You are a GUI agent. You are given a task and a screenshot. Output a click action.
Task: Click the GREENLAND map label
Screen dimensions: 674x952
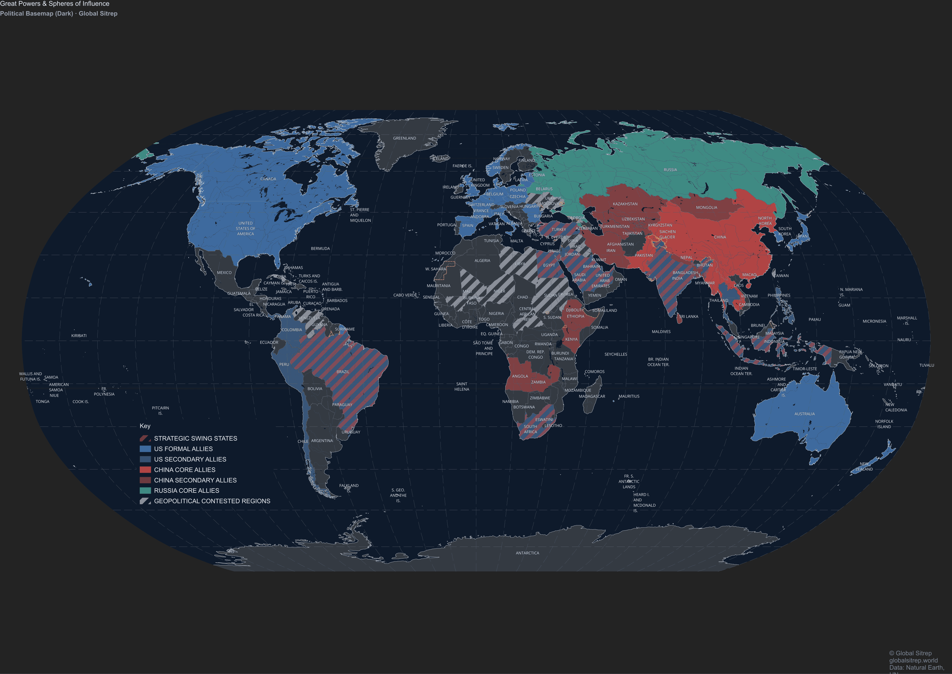pos(404,138)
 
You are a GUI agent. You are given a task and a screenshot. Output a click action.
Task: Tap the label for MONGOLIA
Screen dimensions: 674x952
pos(706,208)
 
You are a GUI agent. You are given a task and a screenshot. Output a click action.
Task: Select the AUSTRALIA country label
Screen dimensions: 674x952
pos(804,414)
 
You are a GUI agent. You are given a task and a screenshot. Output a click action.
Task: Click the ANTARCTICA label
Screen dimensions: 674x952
pos(527,553)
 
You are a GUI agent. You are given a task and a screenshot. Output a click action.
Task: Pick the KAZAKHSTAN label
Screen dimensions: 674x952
pos(625,204)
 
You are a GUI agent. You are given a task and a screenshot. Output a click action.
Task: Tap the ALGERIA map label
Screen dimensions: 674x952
pos(482,261)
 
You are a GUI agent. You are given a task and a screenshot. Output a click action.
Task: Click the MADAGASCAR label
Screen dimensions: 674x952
pos(592,396)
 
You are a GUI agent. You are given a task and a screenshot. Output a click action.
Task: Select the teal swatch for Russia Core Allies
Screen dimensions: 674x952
pos(145,491)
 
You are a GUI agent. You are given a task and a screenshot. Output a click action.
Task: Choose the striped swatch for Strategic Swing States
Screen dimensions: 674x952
pos(145,438)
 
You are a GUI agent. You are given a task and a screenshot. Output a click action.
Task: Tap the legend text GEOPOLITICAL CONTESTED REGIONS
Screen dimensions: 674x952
pos(212,501)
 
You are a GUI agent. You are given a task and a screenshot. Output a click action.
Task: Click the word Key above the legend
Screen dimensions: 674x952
pos(145,426)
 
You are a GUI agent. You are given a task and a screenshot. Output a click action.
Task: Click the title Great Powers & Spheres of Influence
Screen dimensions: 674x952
pos(55,4)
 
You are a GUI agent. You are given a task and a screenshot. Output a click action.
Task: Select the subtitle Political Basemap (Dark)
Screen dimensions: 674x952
pos(36,14)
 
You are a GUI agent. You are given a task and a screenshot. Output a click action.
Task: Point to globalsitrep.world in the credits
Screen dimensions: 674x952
pos(913,660)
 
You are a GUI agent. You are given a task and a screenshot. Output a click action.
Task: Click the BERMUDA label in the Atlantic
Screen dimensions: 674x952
pos(320,249)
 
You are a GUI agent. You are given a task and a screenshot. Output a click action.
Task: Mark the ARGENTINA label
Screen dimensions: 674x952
pos(322,441)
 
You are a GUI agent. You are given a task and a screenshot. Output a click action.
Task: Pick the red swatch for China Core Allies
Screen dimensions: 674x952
pos(145,470)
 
